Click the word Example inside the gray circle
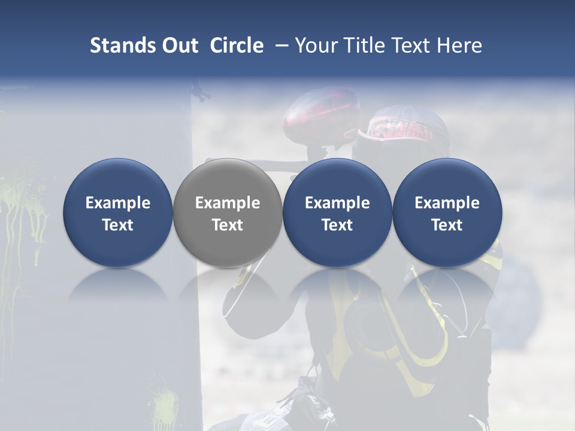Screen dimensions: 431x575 [228, 203]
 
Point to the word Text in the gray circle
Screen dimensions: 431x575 [228, 225]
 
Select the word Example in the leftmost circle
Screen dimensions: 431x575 [118, 203]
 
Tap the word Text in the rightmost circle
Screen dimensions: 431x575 [447, 225]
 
